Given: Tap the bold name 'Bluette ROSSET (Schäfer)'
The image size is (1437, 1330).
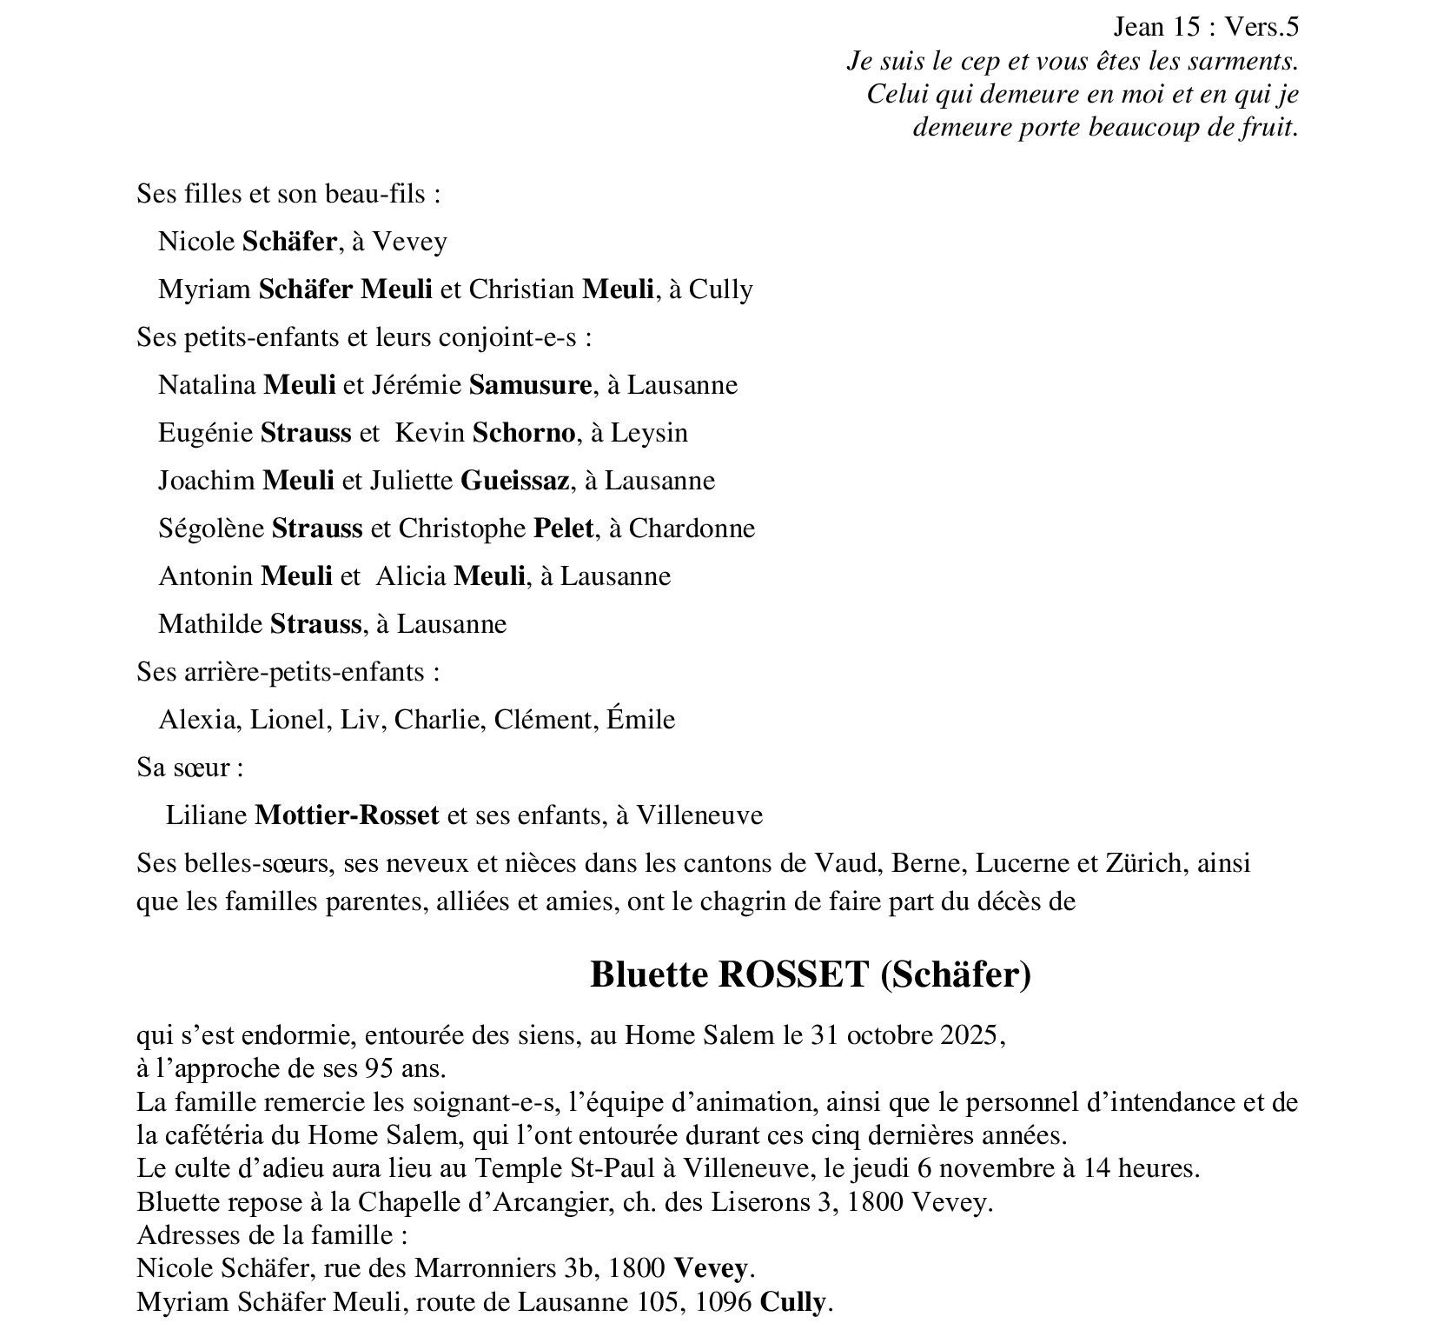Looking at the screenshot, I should click(x=810, y=974).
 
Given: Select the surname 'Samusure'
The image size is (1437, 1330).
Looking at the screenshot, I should click(x=530, y=385).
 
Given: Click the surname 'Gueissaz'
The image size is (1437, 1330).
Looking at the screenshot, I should click(x=514, y=481).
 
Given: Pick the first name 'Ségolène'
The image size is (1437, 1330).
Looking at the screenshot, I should click(x=211, y=529).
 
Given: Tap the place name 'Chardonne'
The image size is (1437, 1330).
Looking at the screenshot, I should click(x=692, y=529).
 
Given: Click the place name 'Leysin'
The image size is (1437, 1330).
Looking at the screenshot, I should click(x=649, y=433).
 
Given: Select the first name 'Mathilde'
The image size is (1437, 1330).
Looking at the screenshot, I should click(x=210, y=624).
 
